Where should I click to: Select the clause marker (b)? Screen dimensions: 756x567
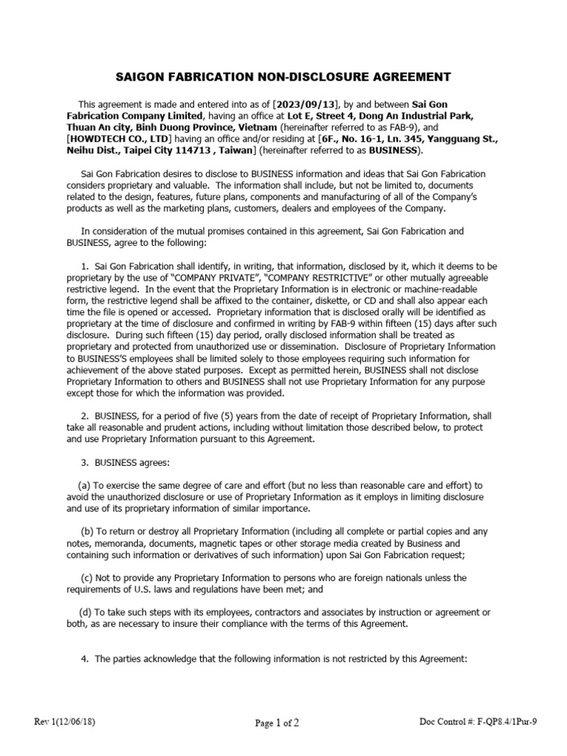[87, 532]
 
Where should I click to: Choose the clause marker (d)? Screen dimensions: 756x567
[86, 612]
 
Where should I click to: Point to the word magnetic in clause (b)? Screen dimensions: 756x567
[212, 543]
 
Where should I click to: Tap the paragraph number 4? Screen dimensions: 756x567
[84, 659]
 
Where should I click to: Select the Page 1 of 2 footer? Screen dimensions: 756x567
[278, 724]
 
